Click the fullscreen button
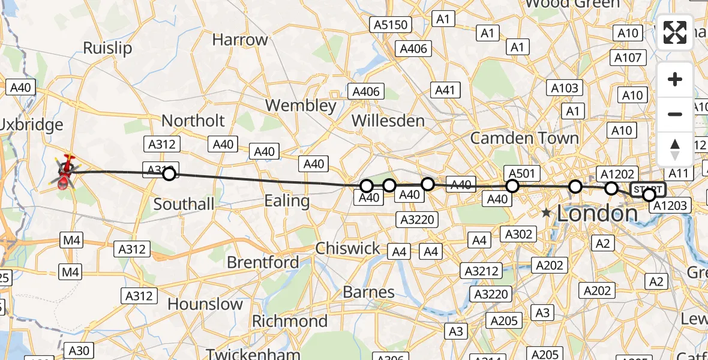click(675, 32)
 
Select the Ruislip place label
click(107, 48)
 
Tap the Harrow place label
click(240, 40)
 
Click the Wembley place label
click(301, 106)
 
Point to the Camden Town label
click(524, 138)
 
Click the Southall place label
click(184, 204)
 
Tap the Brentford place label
click(263, 262)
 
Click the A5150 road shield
click(391, 25)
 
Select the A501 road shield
click(521, 173)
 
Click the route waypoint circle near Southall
click(169, 174)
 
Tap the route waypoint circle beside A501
click(512, 186)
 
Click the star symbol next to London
click(546, 213)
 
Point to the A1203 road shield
click(671, 206)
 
